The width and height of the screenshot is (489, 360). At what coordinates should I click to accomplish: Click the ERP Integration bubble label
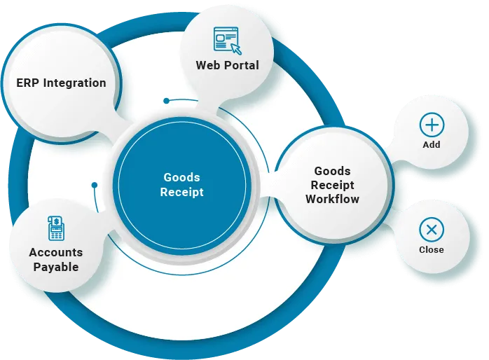pos(61,83)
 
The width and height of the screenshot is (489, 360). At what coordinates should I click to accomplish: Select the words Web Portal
pos(227,65)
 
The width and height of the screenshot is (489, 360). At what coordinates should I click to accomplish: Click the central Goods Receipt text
pos(182,185)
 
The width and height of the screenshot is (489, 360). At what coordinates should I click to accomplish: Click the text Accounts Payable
pos(55,259)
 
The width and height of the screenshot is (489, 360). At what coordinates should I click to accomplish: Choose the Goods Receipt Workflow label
pos(333,185)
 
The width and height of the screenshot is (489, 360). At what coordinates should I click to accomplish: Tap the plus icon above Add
pos(432,125)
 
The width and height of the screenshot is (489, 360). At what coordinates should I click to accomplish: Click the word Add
pos(432,144)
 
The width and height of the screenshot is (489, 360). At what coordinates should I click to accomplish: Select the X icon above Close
pos(432,230)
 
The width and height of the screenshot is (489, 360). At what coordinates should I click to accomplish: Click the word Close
pos(432,249)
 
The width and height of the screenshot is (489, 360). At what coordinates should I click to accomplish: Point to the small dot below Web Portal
pos(166,101)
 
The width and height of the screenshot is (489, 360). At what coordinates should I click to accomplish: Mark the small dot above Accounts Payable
pos(94,186)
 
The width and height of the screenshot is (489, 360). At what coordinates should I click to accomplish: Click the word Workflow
pos(333,199)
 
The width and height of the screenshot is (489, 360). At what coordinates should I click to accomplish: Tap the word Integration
pos(74,83)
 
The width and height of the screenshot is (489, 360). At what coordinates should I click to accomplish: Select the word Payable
pos(55,267)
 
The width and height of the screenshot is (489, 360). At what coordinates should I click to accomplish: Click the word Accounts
pos(55,252)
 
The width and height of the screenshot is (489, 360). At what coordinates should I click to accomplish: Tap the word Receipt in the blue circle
pos(182,193)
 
